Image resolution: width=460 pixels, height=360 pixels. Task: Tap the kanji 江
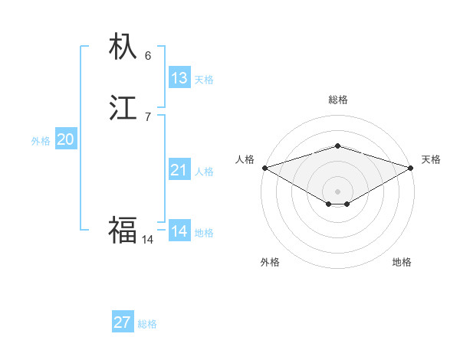pos(123,109)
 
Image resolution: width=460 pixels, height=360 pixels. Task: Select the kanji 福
pos(123,229)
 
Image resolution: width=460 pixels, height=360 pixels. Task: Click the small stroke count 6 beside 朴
pos(148,56)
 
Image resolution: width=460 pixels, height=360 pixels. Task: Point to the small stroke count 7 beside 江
pos(148,116)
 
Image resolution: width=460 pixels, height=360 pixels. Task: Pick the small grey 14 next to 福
pos(148,240)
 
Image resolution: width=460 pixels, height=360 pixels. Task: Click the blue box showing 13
pos(179,78)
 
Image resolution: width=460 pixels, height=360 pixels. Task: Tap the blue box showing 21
pos(179,170)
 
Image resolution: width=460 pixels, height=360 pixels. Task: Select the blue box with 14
pos(179,231)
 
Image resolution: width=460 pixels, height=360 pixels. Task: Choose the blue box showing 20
pos(66,139)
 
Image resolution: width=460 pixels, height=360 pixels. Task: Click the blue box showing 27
pos(123,322)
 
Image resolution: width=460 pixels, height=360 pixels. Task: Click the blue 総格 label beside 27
pos(147,324)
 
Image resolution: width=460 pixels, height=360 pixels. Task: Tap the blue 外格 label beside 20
pos(41,141)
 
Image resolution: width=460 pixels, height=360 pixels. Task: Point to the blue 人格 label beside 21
pos(204,172)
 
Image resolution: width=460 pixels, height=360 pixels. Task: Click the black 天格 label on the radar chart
pos(431,159)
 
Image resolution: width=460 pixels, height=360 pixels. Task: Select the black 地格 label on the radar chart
pos(402,262)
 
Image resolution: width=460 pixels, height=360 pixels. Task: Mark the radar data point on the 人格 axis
pos(264,168)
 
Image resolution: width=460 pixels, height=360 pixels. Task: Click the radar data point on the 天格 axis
pos(411,168)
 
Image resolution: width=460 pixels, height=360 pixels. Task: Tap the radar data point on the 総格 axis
pos(337,146)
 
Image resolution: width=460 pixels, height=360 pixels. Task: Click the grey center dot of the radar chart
pos(337,191)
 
